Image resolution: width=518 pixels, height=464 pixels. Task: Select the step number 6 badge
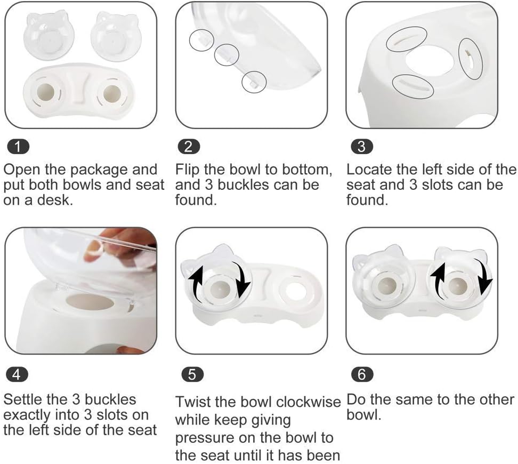tap(362, 374)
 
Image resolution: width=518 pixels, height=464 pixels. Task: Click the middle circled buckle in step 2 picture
tap(226, 54)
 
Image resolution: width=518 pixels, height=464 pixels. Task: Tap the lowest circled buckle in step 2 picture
tap(253, 82)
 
